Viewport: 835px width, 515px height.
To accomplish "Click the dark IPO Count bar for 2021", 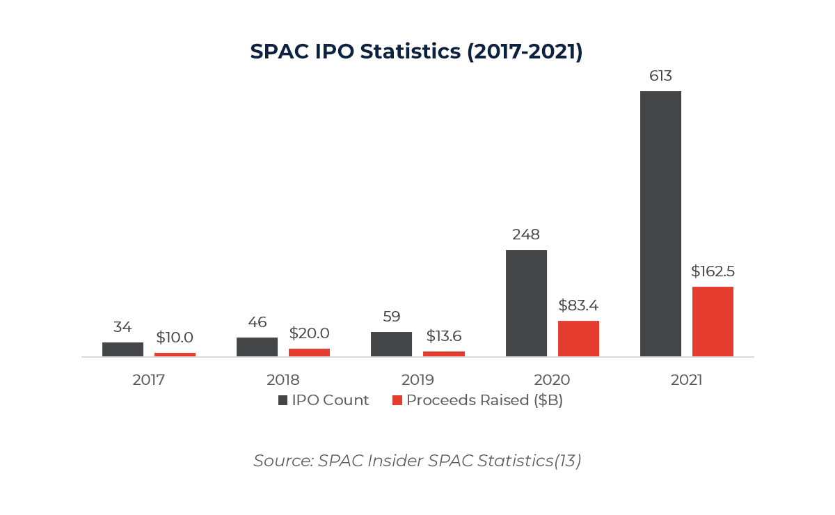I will pyautogui.click(x=660, y=223).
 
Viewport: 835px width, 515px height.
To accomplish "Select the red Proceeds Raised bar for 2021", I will pyautogui.click(x=713, y=322).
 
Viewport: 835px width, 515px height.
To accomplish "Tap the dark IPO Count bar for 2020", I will pyautogui.click(x=526, y=303).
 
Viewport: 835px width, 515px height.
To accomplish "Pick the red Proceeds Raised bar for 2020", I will pyautogui.click(x=578, y=338).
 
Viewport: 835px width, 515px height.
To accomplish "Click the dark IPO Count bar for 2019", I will pyautogui.click(x=391, y=344).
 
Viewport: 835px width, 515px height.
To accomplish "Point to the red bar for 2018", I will pyautogui.click(x=309, y=352).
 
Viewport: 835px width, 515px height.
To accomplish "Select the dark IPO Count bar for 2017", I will pyautogui.click(x=122, y=349).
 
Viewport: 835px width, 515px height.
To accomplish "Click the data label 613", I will pyautogui.click(x=660, y=76).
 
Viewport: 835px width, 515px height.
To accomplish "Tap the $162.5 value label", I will pyautogui.click(x=713, y=271).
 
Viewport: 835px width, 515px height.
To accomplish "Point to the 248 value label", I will pyautogui.click(x=526, y=235).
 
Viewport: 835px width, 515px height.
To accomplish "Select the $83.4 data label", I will pyautogui.click(x=578, y=306).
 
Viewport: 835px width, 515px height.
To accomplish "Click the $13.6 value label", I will pyautogui.click(x=444, y=336).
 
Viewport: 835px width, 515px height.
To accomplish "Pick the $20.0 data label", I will pyautogui.click(x=309, y=333).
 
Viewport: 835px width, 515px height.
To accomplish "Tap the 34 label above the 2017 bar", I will pyautogui.click(x=122, y=327).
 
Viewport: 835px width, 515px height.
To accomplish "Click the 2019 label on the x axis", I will pyautogui.click(x=417, y=380).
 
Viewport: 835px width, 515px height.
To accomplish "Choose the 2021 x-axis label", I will pyautogui.click(x=687, y=380).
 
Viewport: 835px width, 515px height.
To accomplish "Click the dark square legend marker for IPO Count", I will pyautogui.click(x=283, y=400).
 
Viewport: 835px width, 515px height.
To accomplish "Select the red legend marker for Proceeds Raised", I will pyautogui.click(x=397, y=400).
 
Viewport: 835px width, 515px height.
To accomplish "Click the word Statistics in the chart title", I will pyautogui.click(x=410, y=52).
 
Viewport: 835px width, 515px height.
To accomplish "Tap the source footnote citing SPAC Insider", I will pyautogui.click(x=417, y=461).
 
